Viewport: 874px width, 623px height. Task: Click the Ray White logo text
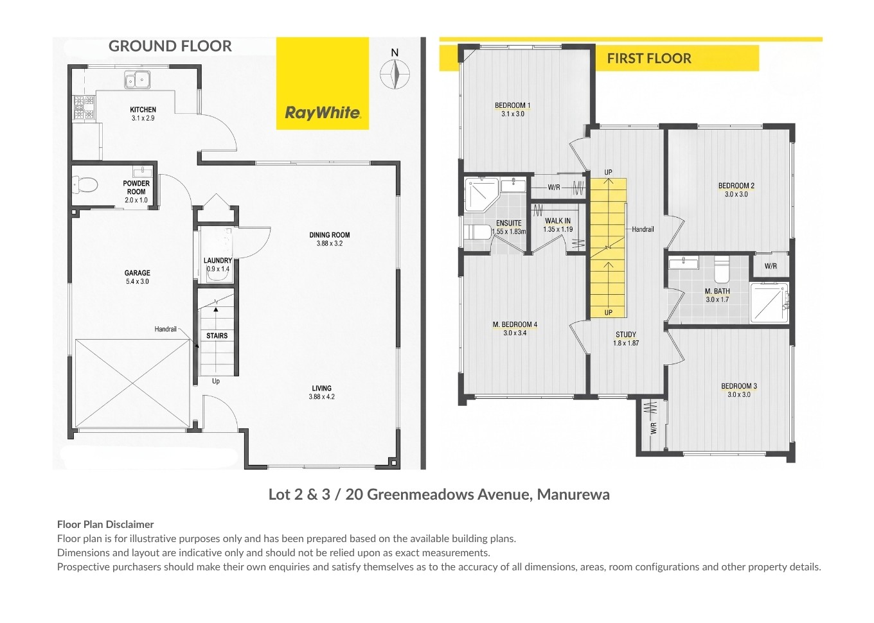(323, 112)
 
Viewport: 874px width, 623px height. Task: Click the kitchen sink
(138, 80)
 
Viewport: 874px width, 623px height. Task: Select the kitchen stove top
(84, 107)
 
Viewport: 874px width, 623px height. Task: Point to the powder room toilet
(85, 184)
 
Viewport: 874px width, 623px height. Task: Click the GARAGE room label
(138, 273)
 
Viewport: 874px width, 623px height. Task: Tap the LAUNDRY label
(218, 260)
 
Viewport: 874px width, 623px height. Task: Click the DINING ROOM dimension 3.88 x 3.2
(330, 243)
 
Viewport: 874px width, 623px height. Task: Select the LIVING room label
(321, 389)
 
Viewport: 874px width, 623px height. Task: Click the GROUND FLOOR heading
(170, 46)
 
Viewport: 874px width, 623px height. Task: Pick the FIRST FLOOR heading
(649, 58)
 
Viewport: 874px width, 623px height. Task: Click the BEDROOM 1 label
(512, 105)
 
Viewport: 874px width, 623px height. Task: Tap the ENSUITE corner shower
(481, 195)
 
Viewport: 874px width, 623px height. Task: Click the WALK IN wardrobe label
(558, 221)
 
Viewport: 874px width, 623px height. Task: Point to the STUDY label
(626, 335)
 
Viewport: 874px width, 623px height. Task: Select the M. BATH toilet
(722, 269)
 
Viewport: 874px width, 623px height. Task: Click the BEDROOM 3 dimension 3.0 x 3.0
(739, 394)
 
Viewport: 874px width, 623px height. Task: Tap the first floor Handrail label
(643, 229)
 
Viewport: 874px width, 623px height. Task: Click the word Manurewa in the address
(573, 495)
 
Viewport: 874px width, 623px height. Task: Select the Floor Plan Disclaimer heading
(105, 524)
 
